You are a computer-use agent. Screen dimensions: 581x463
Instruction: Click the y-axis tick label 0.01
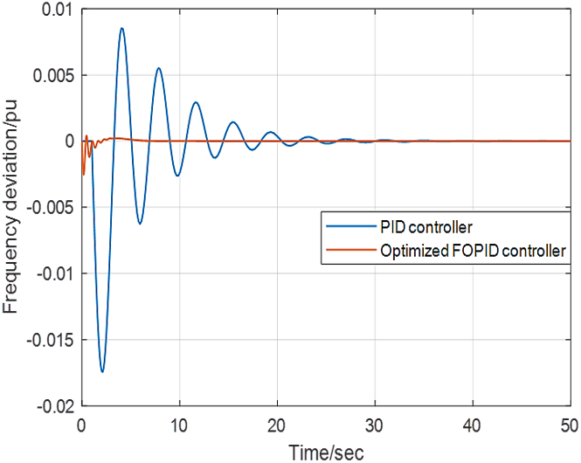pos(58,10)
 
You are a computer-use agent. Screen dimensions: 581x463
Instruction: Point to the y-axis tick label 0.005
pos(53,75)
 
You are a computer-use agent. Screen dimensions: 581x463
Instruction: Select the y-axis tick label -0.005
pos(51,207)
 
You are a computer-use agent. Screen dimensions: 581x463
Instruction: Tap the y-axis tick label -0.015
pos(51,340)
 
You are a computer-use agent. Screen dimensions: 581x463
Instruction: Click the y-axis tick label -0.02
pos(55,406)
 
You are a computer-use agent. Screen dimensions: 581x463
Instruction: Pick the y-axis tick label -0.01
pos(55,273)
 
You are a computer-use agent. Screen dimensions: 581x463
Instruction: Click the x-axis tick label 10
pos(179,426)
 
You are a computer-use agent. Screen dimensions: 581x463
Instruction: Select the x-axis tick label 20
pos(277,426)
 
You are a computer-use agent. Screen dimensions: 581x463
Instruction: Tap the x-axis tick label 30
pos(375,426)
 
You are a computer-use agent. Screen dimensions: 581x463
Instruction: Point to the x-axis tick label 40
pos(473,426)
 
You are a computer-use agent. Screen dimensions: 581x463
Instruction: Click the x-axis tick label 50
pos(570,426)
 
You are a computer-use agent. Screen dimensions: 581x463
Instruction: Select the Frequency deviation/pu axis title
pos(10,206)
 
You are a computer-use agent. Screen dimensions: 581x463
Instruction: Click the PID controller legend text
pos(426,226)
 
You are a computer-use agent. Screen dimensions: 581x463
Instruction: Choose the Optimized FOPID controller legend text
pos(474,251)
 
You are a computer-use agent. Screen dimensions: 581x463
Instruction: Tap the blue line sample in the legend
pos(351,226)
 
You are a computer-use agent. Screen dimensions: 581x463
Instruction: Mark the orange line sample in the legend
pos(351,250)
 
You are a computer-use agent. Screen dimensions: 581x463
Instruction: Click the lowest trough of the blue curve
pos(102,371)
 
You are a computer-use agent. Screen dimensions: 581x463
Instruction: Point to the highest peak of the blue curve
pos(121,28)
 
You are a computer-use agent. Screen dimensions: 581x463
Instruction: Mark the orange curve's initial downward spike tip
pos(84,175)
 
